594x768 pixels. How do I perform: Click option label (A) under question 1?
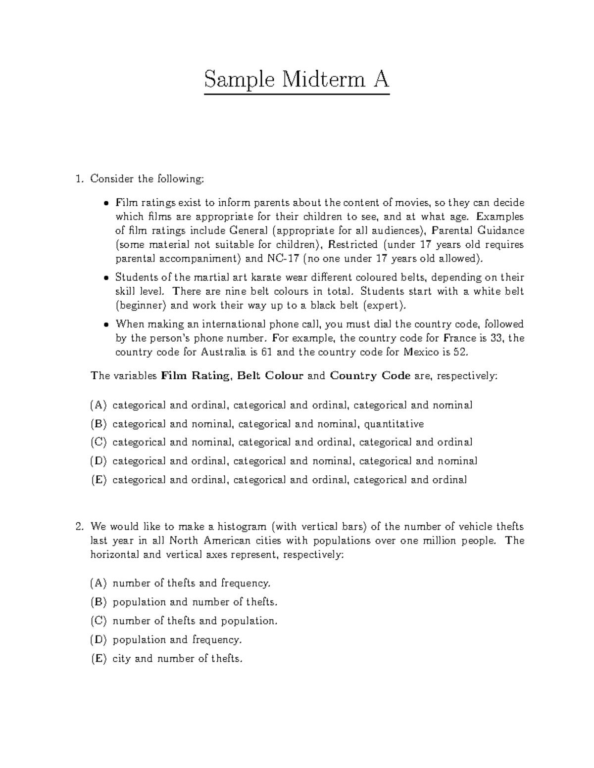point(98,406)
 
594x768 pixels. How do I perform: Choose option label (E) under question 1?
point(98,480)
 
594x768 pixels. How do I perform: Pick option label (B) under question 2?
point(98,602)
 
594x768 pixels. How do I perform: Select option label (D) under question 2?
point(98,640)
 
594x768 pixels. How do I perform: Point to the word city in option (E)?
point(122,659)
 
